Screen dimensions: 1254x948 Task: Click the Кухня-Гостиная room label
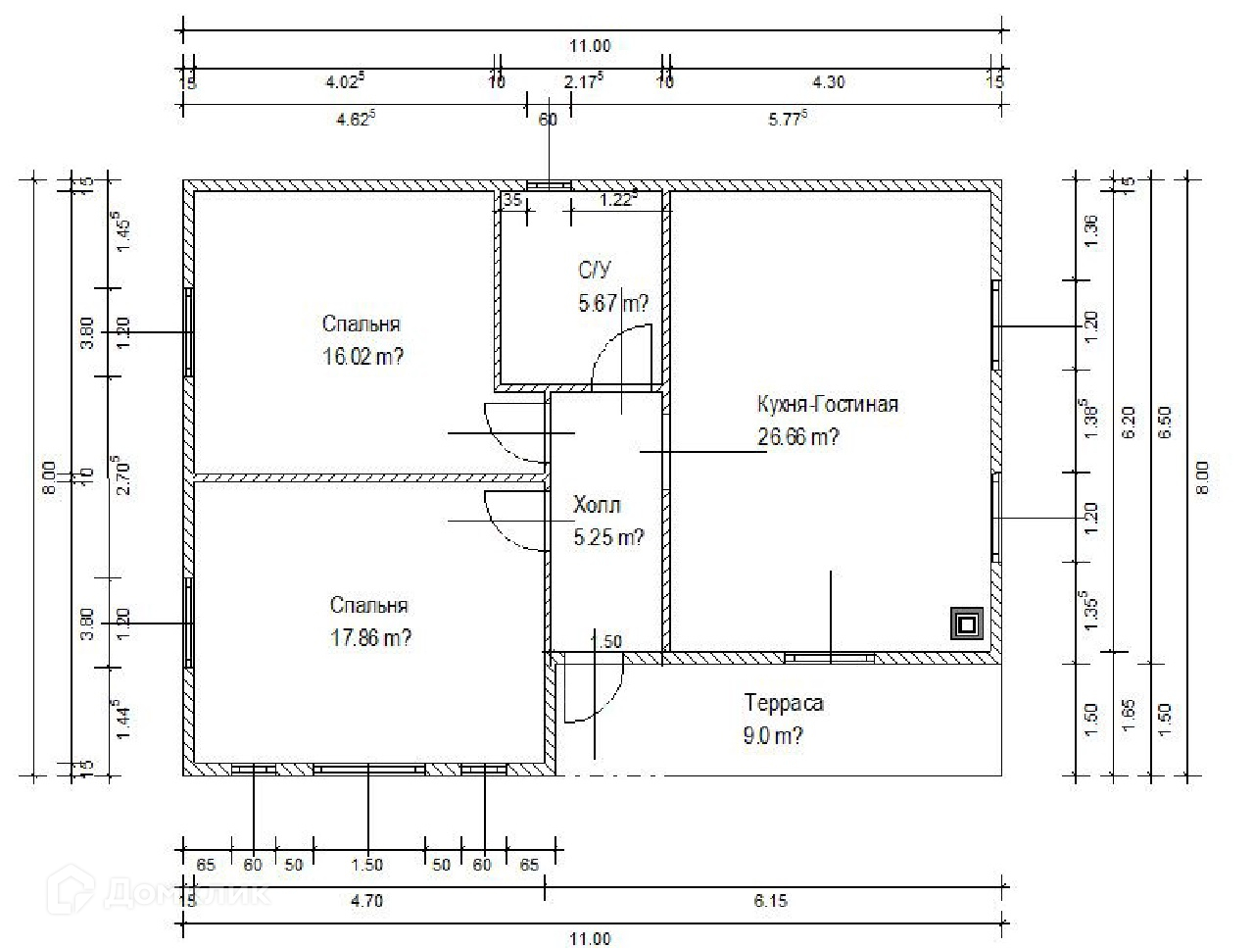pyautogui.click(x=827, y=404)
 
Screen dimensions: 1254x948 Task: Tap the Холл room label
pyautogui.click(x=597, y=506)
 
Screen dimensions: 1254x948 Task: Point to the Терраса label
pyautogui.click(x=784, y=703)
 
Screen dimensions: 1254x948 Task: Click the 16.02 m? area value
pyautogui.click(x=362, y=357)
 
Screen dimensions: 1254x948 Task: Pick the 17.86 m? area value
pyautogui.click(x=370, y=638)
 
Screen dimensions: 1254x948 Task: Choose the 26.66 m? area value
pyautogui.click(x=797, y=437)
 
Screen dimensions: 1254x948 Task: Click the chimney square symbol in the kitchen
pyautogui.click(x=967, y=624)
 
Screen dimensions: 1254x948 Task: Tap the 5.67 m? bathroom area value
pyautogui.click(x=613, y=304)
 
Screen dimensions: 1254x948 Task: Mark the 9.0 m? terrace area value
pyautogui.click(x=774, y=735)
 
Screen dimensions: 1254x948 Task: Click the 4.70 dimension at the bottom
pyautogui.click(x=365, y=902)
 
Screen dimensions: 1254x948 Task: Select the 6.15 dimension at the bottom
pyautogui.click(x=771, y=902)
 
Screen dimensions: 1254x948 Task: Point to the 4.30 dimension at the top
pyautogui.click(x=829, y=82)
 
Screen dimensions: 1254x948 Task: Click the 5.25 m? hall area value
pyautogui.click(x=608, y=537)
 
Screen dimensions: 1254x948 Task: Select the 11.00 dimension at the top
pyautogui.click(x=591, y=45)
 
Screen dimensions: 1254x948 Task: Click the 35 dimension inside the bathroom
pyautogui.click(x=511, y=200)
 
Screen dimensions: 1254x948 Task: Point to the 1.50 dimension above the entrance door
pyautogui.click(x=605, y=642)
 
